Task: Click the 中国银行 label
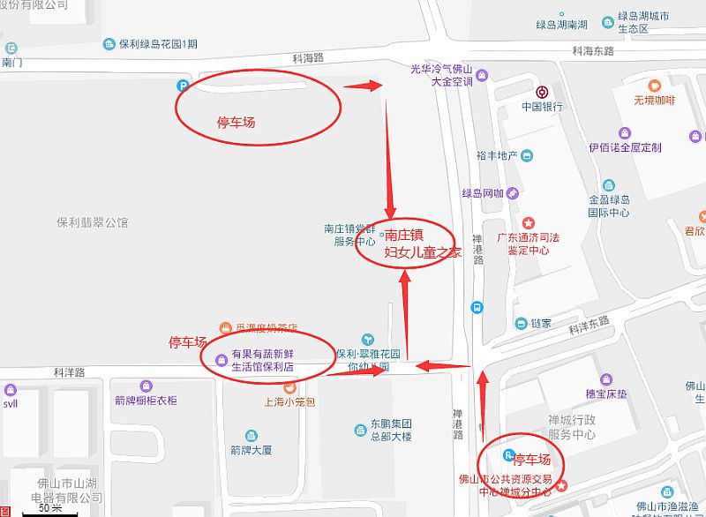541,106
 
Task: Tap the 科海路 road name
309,57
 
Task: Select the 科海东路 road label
592,51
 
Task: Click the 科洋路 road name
68,373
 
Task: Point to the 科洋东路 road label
589,326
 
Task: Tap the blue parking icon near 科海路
183,86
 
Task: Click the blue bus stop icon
477,308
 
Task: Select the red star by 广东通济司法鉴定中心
529,222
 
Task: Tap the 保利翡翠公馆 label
93,221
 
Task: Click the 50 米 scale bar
50,510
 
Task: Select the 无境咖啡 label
654,100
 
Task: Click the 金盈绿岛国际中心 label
609,206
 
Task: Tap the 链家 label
540,323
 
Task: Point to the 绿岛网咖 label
483,193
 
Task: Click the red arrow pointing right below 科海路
362,86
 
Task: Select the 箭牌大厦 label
252,449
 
